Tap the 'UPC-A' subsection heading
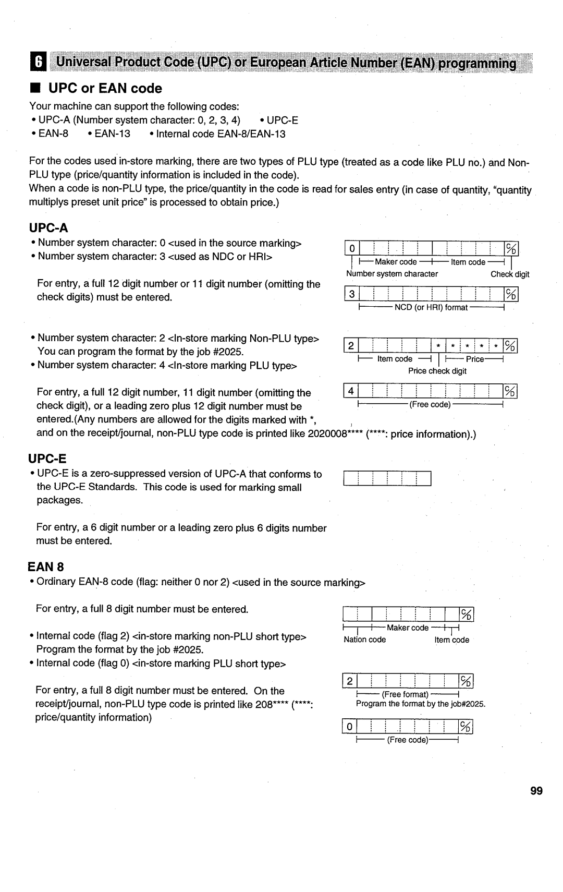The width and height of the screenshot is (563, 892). click(x=49, y=228)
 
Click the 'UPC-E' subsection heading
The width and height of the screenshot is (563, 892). click(x=47, y=459)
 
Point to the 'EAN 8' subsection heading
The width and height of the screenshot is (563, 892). click(x=46, y=566)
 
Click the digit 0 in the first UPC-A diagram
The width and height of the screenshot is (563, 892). click(x=352, y=248)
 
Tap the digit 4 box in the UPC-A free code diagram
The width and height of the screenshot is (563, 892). click(x=351, y=391)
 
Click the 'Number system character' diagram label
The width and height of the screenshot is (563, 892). click(x=392, y=274)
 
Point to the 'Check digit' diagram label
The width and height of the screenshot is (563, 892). click(x=510, y=274)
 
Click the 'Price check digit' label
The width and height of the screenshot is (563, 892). click(x=437, y=371)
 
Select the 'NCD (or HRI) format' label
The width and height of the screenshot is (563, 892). click(x=431, y=308)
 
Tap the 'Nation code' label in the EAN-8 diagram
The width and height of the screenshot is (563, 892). click(x=364, y=640)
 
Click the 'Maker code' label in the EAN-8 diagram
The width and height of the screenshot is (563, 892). click(x=407, y=628)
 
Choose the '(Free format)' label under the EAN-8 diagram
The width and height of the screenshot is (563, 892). click(x=405, y=694)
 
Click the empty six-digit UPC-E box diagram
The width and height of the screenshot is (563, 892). click(x=387, y=478)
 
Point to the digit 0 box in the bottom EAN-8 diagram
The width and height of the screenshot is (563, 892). click(x=349, y=727)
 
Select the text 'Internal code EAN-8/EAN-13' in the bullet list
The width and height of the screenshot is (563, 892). click(x=221, y=134)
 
